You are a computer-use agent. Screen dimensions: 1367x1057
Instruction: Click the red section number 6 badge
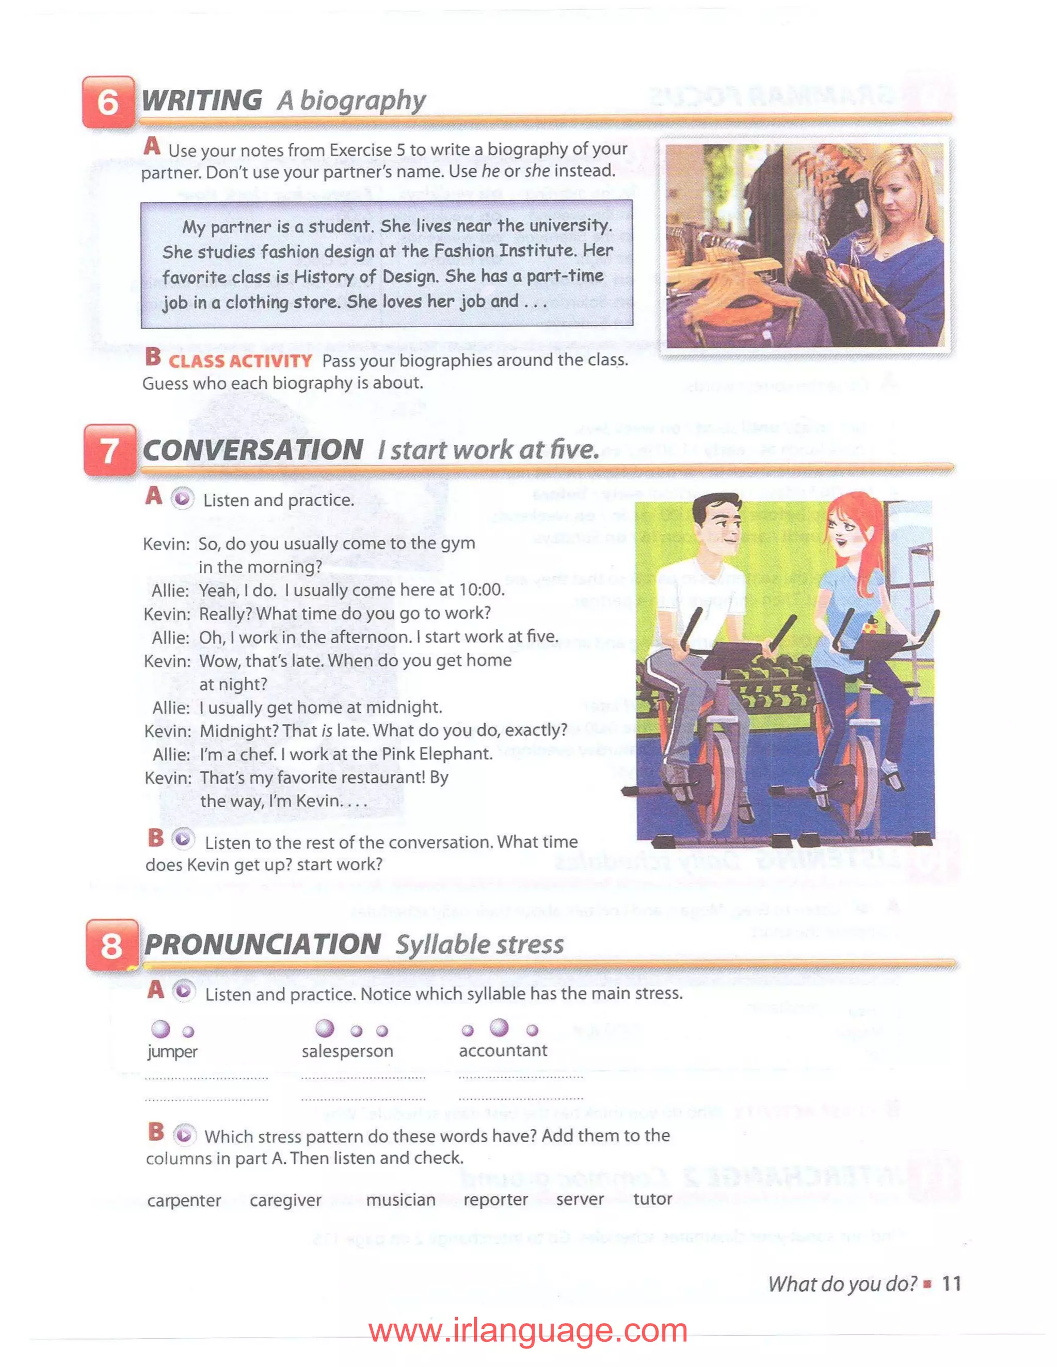click(x=108, y=102)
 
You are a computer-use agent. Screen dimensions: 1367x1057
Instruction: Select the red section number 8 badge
click(x=111, y=945)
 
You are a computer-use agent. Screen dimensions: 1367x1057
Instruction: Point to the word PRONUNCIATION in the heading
click(x=262, y=945)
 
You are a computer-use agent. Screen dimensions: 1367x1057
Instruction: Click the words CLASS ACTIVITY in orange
click(x=240, y=361)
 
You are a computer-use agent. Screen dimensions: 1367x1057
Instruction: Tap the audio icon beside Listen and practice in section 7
click(x=182, y=499)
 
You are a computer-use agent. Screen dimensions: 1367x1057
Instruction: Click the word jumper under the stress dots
click(x=172, y=1051)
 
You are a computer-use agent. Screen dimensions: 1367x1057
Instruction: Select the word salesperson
click(x=347, y=1051)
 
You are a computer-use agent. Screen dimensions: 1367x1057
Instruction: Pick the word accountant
click(x=503, y=1050)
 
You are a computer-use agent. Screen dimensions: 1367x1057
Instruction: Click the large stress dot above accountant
click(x=499, y=1027)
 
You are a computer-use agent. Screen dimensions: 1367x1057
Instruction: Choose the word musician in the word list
click(x=401, y=1199)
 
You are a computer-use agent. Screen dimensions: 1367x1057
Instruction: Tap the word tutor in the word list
click(x=652, y=1199)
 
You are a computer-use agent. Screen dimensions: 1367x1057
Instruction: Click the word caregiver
click(x=285, y=1200)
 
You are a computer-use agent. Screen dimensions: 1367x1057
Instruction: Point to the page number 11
click(x=951, y=1284)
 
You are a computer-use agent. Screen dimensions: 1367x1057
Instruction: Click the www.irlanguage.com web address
click(x=528, y=1330)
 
